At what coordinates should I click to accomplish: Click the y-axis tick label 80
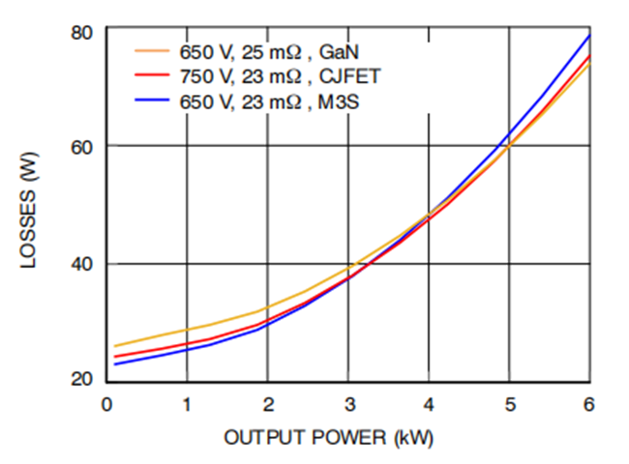[81, 32]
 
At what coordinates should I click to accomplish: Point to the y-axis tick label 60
[81, 146]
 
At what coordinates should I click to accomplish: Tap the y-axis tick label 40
[81, 264]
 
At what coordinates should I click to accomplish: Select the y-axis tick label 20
[81, 380]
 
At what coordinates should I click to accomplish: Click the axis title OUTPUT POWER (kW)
[335, 437]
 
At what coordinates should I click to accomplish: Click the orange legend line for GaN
[153, 50]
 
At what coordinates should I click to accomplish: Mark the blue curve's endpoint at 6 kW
[589, 35]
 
